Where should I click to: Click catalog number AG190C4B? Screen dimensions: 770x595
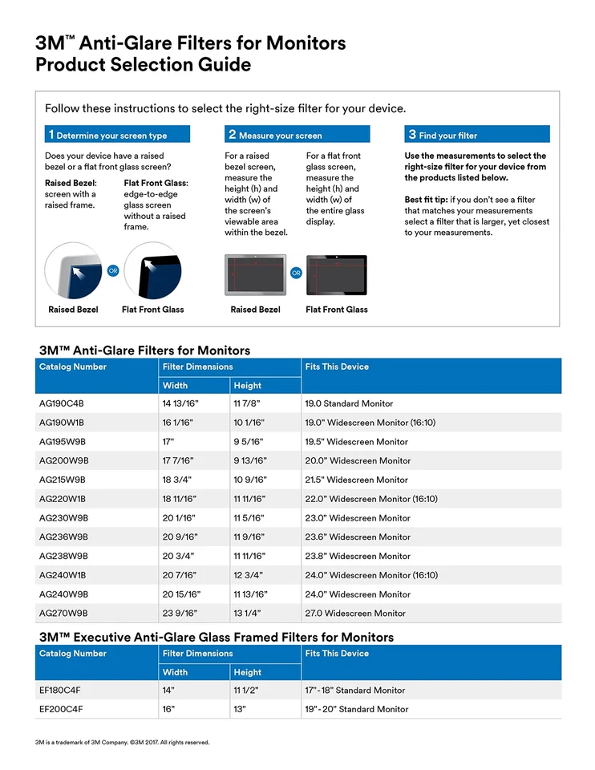(62, 403)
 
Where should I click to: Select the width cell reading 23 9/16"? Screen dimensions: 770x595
(180, 614)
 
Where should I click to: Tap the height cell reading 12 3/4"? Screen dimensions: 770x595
(248, 575)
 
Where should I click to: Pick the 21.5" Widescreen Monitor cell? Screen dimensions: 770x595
(356, 480)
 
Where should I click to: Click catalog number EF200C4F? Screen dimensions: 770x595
(61, 709)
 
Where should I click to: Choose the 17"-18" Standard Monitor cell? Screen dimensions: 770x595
(354, 690)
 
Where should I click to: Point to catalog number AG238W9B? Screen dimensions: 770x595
(63, 556)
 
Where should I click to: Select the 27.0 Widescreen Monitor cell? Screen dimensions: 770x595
(354, 614)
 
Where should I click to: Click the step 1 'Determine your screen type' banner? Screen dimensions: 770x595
(117, 135)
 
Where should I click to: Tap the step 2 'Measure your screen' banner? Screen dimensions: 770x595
(297, 135)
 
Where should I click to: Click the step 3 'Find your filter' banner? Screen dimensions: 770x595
(477, 135)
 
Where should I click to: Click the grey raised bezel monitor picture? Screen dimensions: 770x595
(255, 275)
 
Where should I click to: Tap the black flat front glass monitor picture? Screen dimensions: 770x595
(336, 275)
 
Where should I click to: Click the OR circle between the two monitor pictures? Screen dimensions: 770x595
(296, 274)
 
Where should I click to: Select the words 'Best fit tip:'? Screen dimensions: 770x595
(426, 200)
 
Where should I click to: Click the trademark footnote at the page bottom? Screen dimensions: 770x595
(122, 743)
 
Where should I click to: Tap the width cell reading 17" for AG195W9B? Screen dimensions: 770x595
(169, 442)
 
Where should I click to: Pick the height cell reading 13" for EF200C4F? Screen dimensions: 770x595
(240, 709)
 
